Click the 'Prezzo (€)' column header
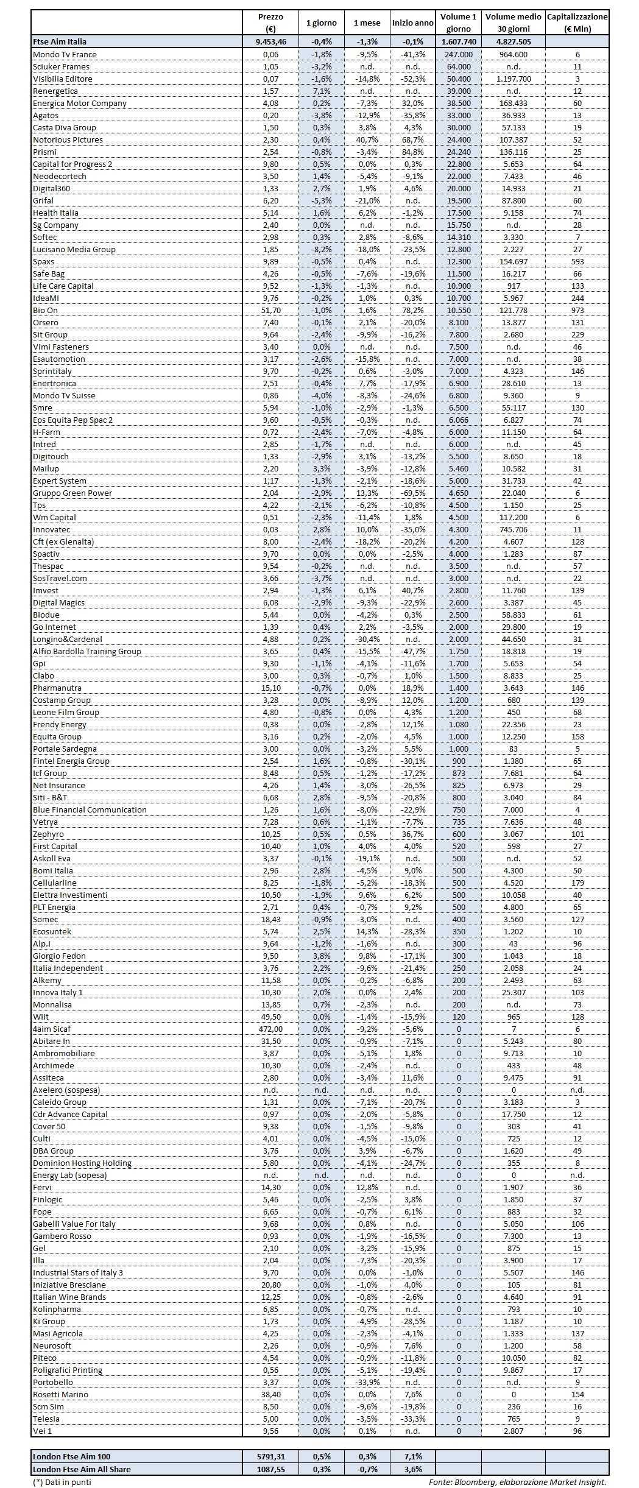point(270,23)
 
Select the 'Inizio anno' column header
point(412,23)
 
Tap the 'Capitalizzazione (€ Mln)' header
point(577,23)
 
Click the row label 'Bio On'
point(45,310)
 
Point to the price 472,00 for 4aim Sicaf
point(270,1029)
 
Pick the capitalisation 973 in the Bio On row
point(577,310)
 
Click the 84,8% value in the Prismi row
point(412,152)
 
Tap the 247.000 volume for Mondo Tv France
point(458,54)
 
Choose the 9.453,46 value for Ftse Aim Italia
point(270,41)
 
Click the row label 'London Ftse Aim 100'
point(71,1456)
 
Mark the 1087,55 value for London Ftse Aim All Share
point(270,1469)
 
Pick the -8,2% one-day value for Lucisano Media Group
point(321,249)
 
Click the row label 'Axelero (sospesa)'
point(66,1090)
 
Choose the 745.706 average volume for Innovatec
point(513,529)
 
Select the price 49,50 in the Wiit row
point(270,1017)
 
